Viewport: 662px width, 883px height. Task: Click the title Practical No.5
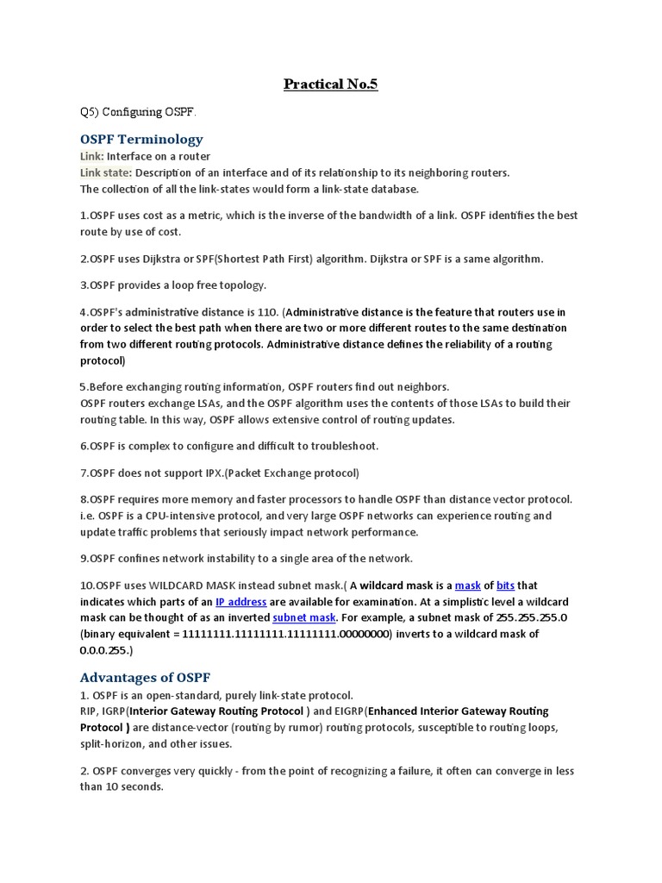click(331, 85)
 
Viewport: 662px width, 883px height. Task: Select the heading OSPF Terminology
click(141, 139)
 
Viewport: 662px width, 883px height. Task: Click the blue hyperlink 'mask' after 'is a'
click(467, 586)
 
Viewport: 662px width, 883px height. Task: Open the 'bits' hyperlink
click(505, 586)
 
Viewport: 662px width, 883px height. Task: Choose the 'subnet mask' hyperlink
click(304, 617)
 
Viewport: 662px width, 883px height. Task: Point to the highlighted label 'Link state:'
click(106, 172)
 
